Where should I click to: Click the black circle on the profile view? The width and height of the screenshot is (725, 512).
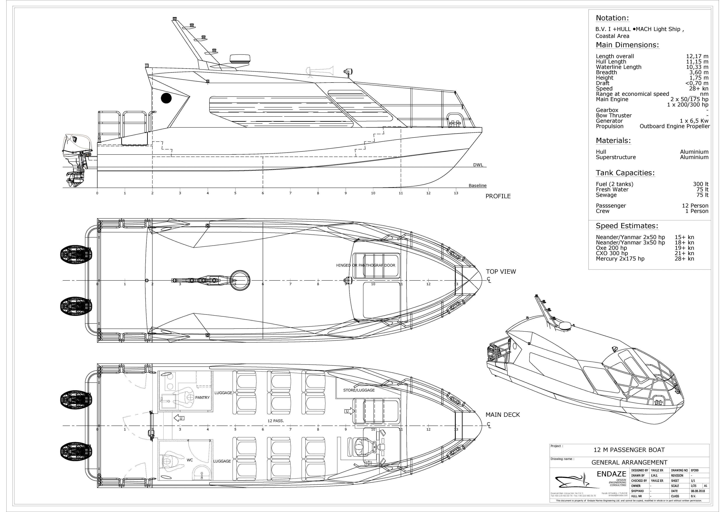click(166, 98)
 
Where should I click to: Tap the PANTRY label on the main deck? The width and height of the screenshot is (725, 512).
click(202, 398)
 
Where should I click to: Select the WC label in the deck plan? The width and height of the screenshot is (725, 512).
click(190, 460)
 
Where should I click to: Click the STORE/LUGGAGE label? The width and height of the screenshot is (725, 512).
click(359, 390)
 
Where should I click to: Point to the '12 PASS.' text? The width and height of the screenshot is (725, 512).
click(275, 421)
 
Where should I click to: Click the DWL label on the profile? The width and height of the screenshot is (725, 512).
click(478, 165)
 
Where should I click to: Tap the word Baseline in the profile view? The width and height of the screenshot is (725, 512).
click(477, 186)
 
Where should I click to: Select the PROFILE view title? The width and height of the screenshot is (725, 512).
click(498, 196)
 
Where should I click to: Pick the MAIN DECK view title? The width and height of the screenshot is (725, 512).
click(502, 415)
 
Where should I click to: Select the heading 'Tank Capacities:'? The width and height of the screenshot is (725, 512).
click(625, 173)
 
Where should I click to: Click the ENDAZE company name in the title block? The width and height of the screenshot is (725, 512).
click(611, 474)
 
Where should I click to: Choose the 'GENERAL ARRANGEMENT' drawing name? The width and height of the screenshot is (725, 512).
click(629, 462)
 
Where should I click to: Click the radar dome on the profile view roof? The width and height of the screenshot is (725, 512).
click(240, 59)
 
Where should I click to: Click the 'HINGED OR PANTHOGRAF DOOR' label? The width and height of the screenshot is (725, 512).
click(365, 265)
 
